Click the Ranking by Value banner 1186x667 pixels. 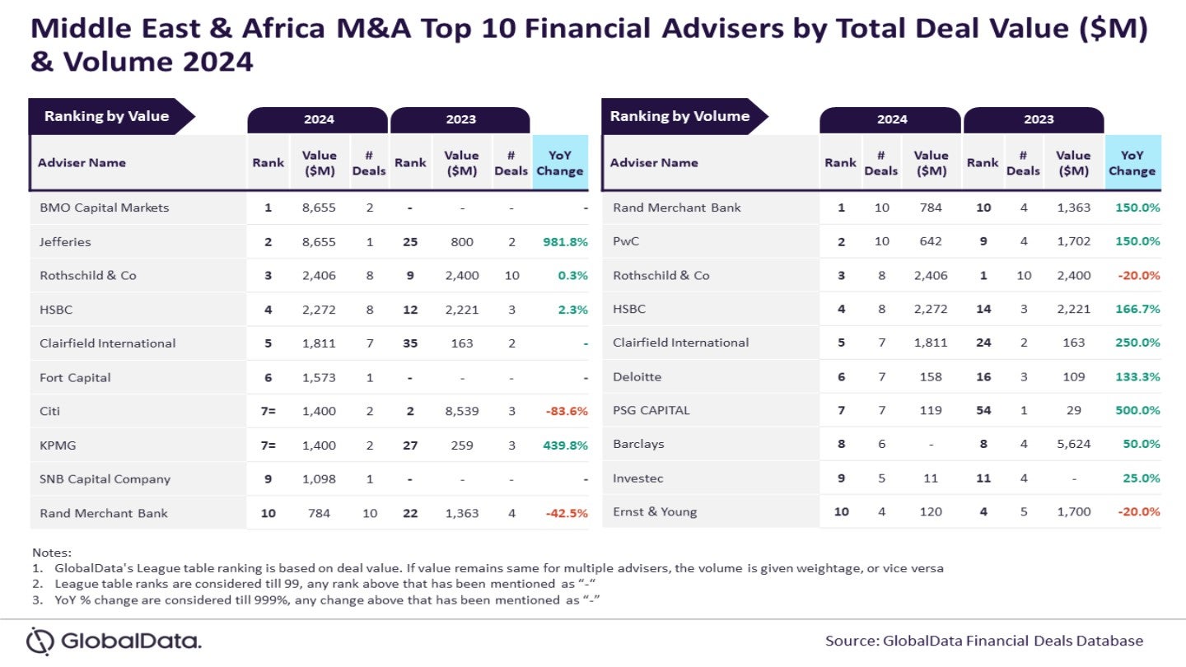(107, 116)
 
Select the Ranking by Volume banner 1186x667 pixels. (679, 116)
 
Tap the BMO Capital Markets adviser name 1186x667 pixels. (104, 208)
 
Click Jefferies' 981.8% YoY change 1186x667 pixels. (565, 242)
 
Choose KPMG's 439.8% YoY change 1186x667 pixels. (565, 445)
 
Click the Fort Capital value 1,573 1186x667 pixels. (319, 377)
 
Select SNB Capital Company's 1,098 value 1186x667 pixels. (319, 478)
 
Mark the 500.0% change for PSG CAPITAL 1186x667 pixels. (1137, 410)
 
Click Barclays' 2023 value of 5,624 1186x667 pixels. (1073, 444)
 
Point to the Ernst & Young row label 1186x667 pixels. (655, 511)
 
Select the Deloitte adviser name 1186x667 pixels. (637, 376)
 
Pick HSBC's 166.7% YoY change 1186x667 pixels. (1137, 309)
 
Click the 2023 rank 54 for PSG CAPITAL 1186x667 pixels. (983, 410)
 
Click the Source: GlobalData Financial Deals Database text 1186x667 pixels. (984, 641)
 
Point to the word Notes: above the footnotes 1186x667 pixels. (52, 552)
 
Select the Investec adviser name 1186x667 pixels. (637, 478)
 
